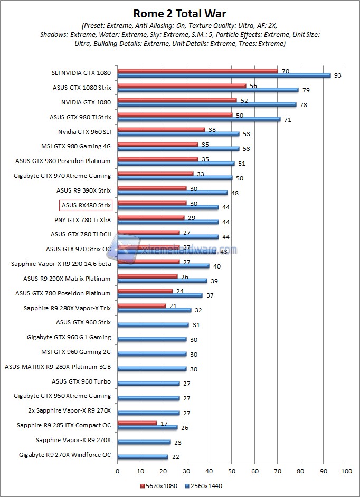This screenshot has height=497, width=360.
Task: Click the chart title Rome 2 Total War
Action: click(x=179, y=13)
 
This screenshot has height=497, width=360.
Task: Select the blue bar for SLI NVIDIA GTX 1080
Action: click(x=224, y=75)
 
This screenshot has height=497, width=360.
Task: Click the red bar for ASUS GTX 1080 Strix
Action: click(x=182, y=85)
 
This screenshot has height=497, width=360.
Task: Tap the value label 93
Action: click(x=338, y=75)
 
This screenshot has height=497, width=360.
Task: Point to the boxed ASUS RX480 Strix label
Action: click(x=86, y=205)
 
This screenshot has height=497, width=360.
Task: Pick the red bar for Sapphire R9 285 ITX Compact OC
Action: click(x=137, y=423)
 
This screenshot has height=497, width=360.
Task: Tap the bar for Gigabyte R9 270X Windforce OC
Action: click(x=143, y=457)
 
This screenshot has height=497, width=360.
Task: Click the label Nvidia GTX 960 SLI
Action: click(x=84, y=131)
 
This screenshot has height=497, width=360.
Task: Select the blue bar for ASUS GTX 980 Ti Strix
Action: click(x=198, y=119)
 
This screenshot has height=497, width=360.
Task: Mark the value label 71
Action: click(x=287, y=120)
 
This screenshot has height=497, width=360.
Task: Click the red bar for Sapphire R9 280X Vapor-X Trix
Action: click(x=141, y=305)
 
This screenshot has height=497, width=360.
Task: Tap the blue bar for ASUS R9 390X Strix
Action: click(x=173, y=193)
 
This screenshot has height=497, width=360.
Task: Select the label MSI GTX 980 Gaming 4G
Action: click(x=76, y=146)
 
